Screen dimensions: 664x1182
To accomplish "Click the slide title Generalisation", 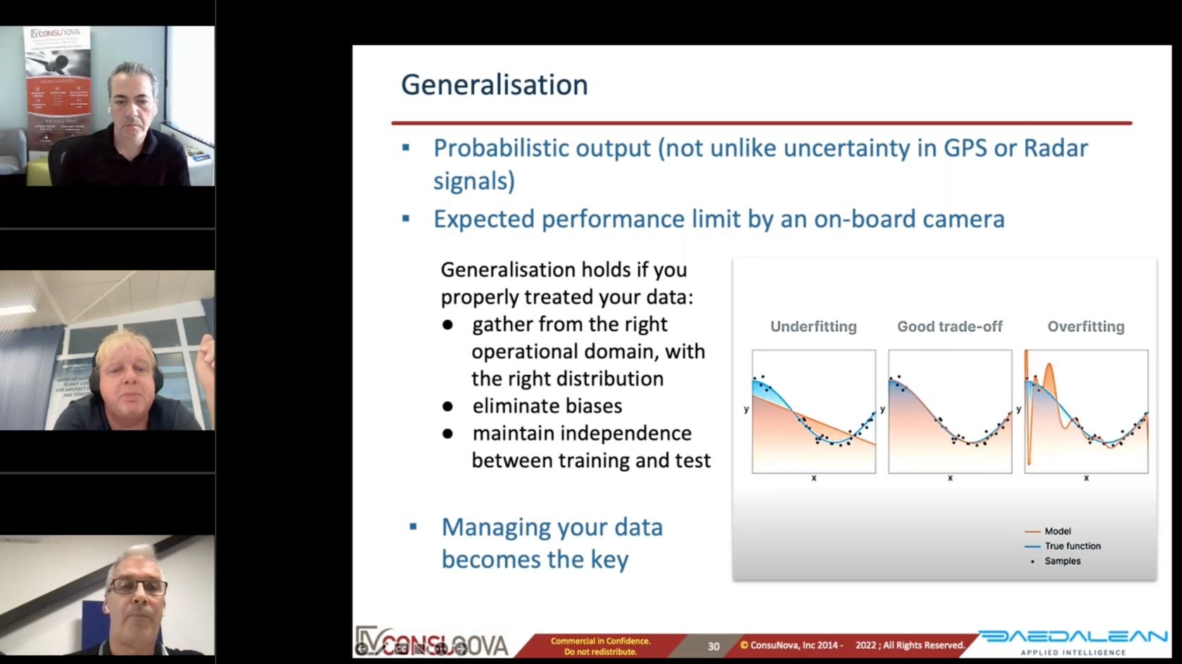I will tap(494, 85).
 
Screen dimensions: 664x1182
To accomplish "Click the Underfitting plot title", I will tap(813, 326).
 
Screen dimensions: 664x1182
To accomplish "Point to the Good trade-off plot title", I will tap(949, 326).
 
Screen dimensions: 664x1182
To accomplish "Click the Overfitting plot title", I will tap(1086, 326).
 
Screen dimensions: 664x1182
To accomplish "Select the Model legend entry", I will tap(1057, 531).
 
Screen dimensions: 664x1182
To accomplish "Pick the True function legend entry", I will tap(1072, 546).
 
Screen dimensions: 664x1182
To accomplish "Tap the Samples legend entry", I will tap(1062, 561).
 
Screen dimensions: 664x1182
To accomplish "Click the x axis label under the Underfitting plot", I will tap(814, 478).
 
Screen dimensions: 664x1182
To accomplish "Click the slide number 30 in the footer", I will tap(713, 646).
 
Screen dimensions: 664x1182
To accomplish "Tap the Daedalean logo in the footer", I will tap(1073, 637).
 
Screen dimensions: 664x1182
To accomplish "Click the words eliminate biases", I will tap(547, 407).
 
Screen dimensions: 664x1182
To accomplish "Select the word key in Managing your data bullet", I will tap(609, 560).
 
